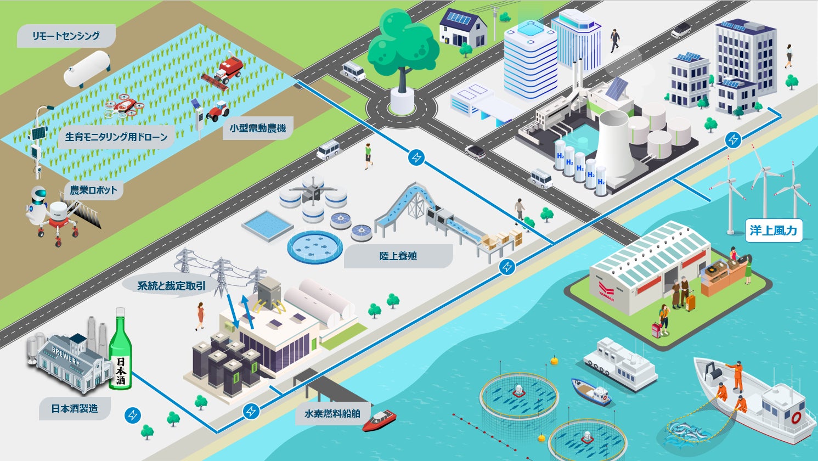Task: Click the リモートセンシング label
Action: tap(66, 36)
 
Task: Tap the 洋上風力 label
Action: tap(773, 231)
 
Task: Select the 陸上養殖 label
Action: tap(398, 256)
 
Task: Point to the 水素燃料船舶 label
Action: tap(332, 413)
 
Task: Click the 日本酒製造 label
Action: tap(75, 409)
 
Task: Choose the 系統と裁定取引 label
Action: tap(171, 286)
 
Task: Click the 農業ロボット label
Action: tap(93, 190)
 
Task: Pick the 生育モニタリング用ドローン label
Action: tap(116, 137)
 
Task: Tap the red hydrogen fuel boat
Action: tap(379, 420)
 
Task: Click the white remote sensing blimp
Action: tap(87, 69)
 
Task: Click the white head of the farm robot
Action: tap(38, 196)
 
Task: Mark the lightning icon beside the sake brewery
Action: tap(132, 415)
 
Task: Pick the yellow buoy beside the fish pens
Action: tap(555, 361)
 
